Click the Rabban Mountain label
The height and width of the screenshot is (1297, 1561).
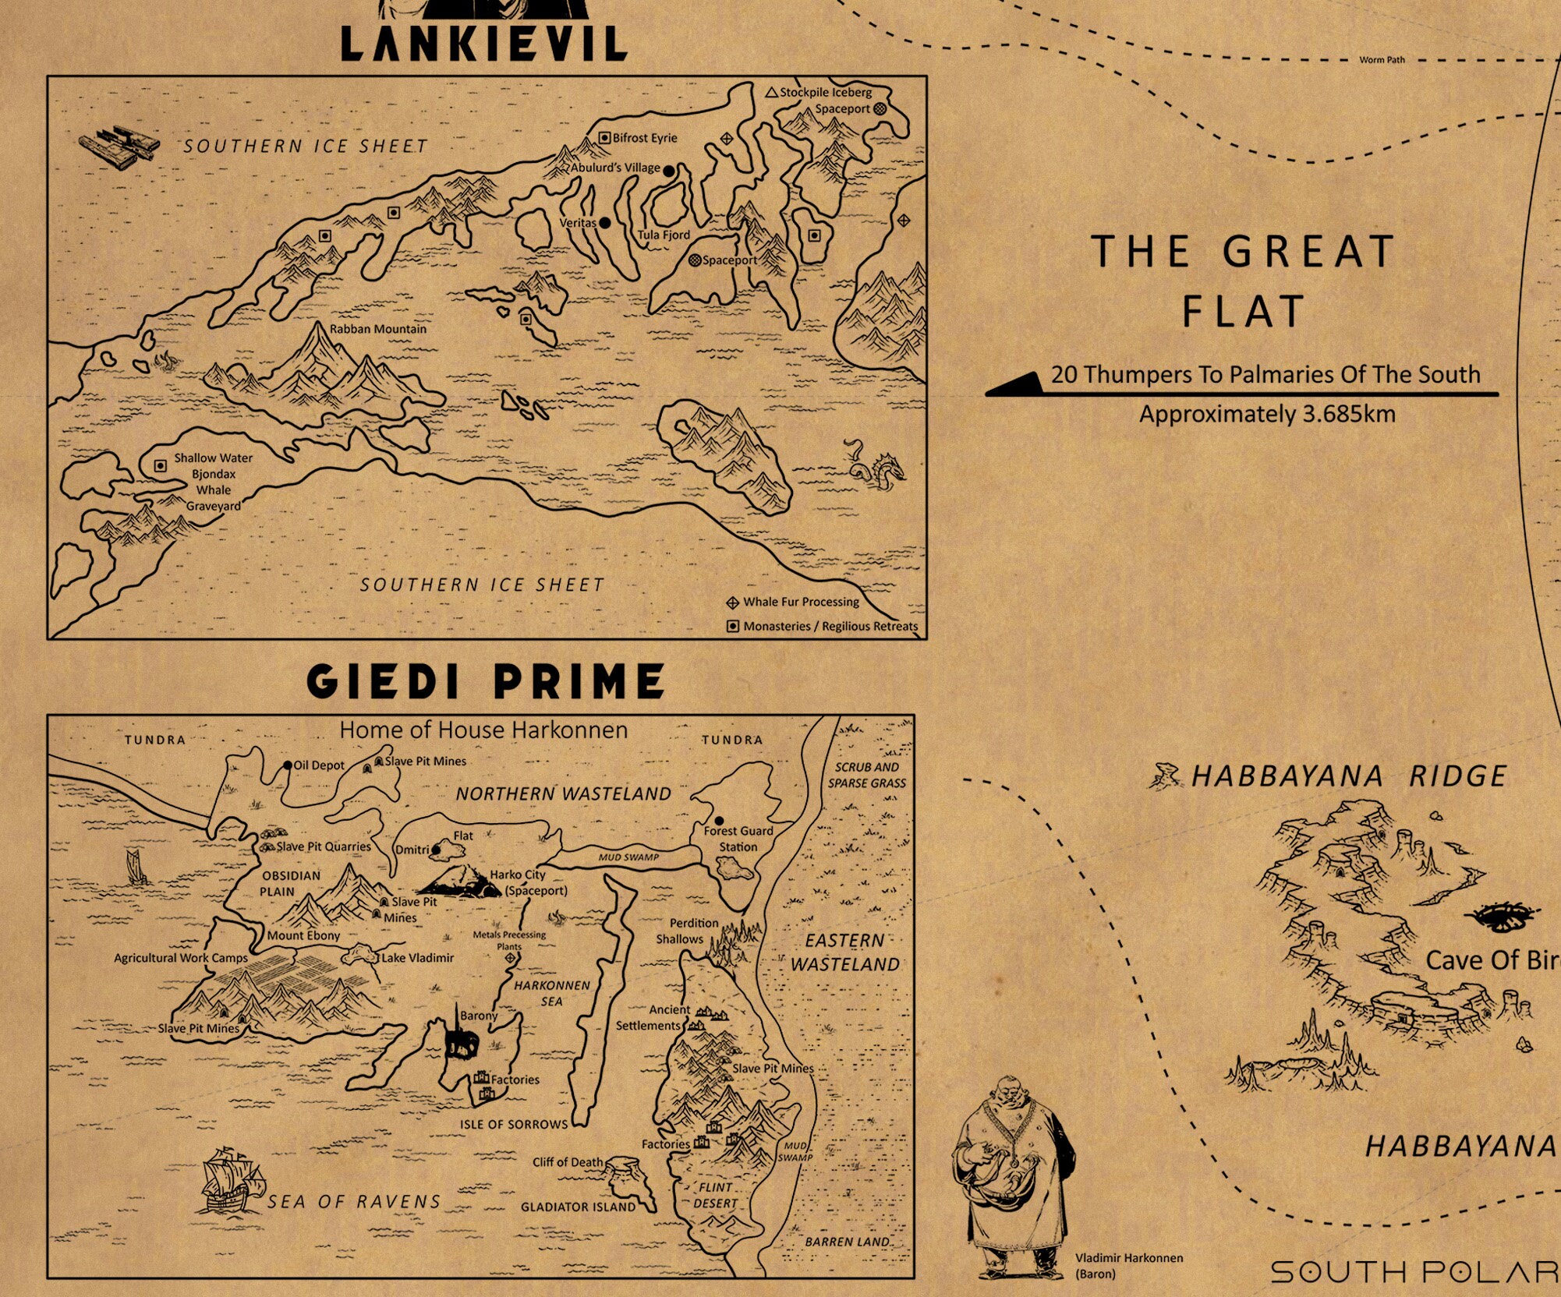point(378,329)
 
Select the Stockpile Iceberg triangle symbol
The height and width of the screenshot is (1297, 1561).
point(771,92)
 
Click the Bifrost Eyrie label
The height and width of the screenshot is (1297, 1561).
point(644,138)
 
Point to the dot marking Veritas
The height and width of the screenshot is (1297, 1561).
point(604,223)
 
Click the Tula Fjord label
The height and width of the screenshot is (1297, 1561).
point(664,235)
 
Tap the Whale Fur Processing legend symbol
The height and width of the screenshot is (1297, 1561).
point(733,603)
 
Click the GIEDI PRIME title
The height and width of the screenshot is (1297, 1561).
point(486,681)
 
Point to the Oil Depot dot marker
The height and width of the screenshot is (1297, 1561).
point(288,765)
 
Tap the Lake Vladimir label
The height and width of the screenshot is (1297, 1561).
point(417,957)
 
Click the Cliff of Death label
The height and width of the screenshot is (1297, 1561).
point(568,1162)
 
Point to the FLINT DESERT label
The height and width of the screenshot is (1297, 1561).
point(715,1195)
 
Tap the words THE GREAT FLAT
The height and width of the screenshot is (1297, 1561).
point(1243,281)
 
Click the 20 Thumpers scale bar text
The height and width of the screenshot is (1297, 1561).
point(1265,374)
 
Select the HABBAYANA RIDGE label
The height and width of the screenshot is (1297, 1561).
point(1348,776)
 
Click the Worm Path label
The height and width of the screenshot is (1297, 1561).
point(1382,60)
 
